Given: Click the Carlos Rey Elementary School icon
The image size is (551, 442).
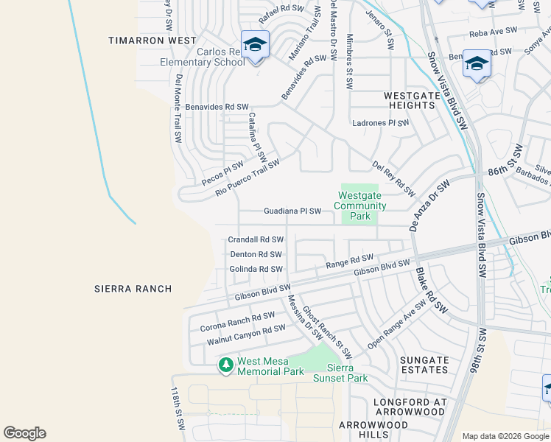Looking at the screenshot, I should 255,46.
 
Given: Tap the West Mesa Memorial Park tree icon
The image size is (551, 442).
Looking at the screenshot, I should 225,365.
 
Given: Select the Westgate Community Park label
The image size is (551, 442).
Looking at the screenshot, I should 360,206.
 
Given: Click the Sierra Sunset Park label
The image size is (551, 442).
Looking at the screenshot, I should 340,373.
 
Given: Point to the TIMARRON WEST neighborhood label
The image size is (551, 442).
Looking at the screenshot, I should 152,41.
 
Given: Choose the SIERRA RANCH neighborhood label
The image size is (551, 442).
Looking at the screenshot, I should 133,289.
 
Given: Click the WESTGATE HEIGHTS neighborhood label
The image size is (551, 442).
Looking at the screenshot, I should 410,100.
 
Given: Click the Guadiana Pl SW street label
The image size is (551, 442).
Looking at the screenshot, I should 292,211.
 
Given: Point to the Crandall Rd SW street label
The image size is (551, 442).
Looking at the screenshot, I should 256,239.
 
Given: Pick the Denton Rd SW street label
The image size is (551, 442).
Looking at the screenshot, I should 256,254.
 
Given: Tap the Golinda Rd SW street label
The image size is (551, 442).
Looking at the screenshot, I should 256,269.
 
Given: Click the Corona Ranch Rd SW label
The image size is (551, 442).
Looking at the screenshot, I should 237,321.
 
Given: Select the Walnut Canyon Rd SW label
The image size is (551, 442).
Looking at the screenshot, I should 245,334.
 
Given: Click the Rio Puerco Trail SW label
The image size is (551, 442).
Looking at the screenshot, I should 248,178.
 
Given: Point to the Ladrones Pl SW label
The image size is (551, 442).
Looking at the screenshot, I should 381,123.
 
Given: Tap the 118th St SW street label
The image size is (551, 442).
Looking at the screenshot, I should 177,409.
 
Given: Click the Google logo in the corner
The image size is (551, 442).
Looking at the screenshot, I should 24,433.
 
